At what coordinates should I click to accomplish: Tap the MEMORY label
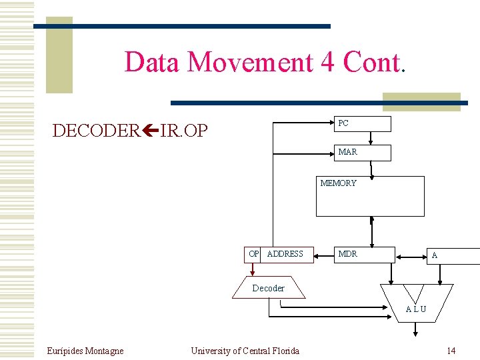tap(338, 183)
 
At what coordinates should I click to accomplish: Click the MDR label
tap(347, 254)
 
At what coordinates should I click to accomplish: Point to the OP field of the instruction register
tap(253, 254)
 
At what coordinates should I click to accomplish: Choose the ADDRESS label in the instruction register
tap(285, 254)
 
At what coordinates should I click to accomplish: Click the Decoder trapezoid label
tap(268, 288)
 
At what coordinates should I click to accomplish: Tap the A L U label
tap(416, 309)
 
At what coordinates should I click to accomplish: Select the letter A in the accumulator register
tap(435, 255)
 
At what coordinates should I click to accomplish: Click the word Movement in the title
tap(250, 62)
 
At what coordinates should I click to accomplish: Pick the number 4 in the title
tap(327, 62)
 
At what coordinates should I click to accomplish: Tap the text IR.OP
tap(184, 131)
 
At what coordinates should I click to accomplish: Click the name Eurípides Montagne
tap(85, 351)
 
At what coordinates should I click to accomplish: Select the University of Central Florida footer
tap(245, 351)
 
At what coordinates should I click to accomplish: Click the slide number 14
tap(451, 351)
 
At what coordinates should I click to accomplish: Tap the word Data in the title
tap(153, 62)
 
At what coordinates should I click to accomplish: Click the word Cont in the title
tap(371, 62)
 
